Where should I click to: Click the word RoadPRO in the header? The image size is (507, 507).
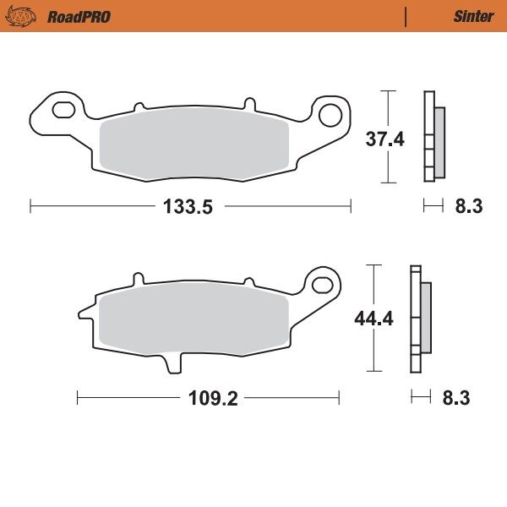(x=79, y=16)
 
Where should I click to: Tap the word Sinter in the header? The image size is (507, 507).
(x=473, y=16)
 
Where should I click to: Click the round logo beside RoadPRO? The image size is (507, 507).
(x=25, y=16)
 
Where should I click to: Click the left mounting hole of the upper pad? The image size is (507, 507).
(x=63, y=110)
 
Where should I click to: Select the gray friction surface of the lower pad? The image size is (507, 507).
(x=190, y=321)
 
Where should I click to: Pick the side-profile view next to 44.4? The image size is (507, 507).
(x=419, y=319)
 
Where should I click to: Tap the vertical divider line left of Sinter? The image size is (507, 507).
(x=406, y=16)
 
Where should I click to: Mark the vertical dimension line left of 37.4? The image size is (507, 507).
(x=387, y=137)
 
